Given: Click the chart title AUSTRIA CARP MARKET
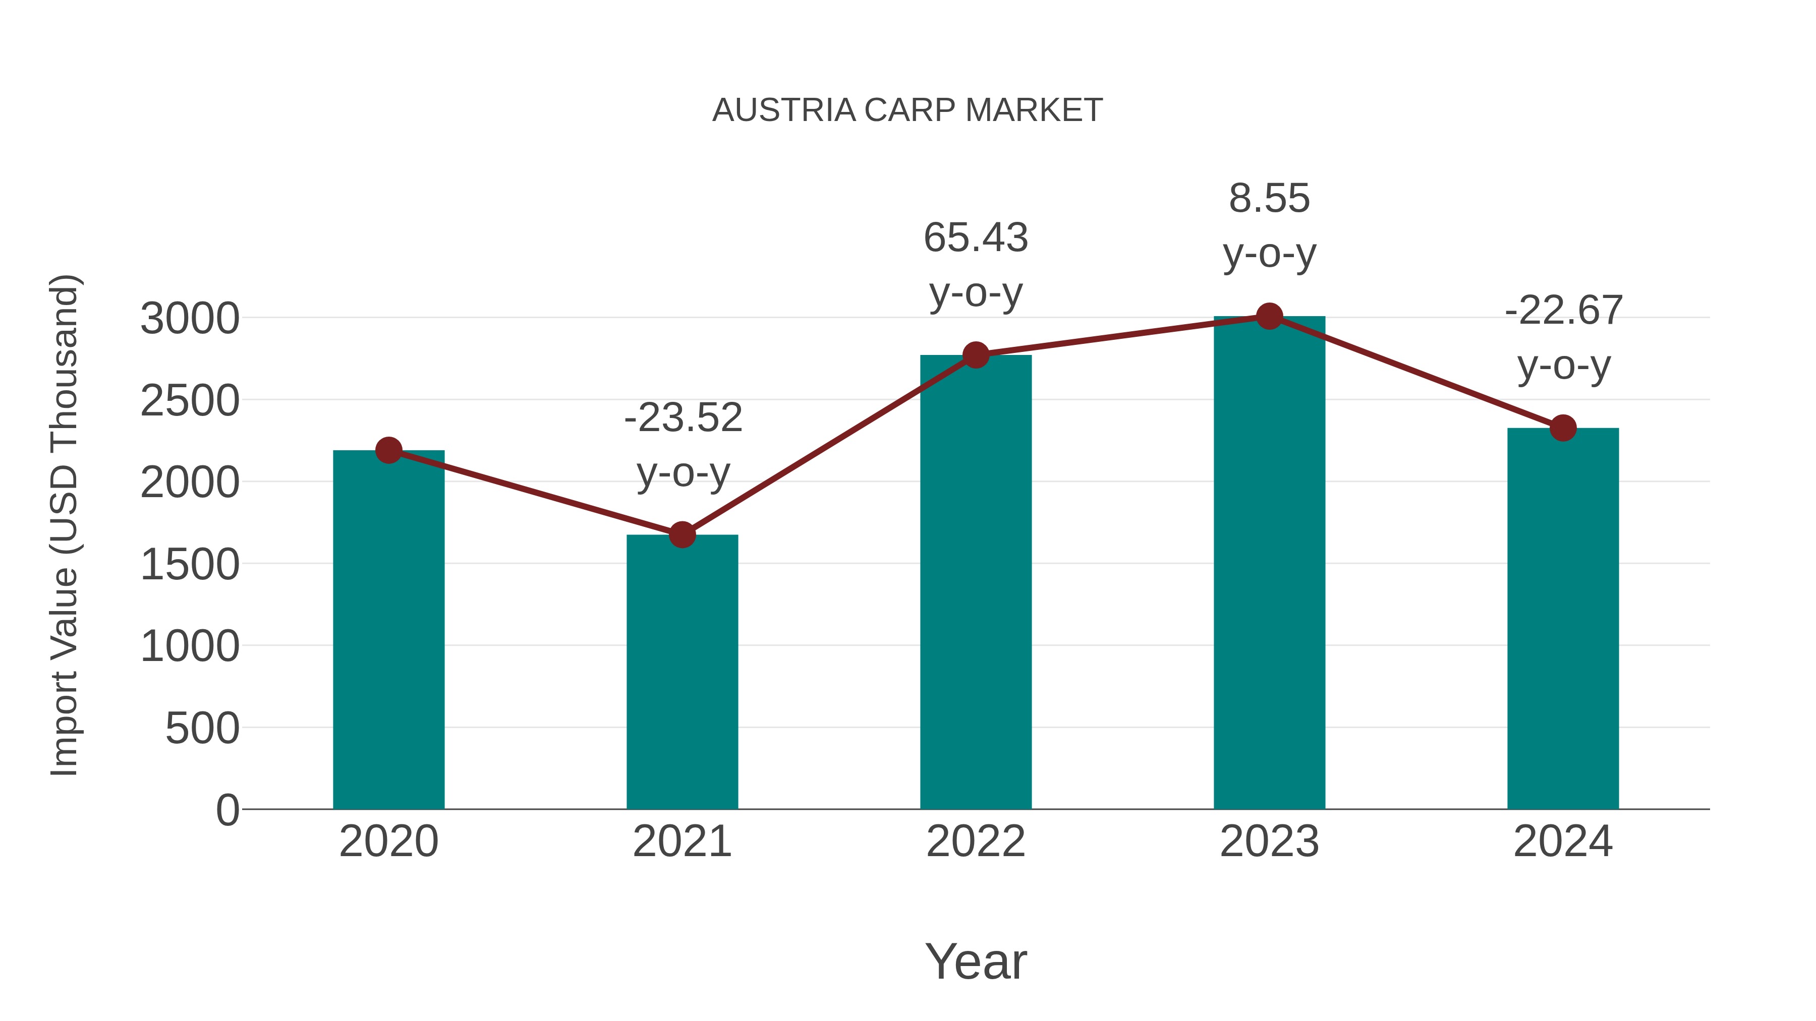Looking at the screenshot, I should coord(907,110).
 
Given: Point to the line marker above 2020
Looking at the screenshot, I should coord(388,450).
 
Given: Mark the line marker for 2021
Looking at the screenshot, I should coord(682,535).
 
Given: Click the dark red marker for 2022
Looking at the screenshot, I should coord(976,355).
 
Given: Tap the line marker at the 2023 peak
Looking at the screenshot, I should coord(1270,316).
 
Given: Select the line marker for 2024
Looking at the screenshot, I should coord(1563,428).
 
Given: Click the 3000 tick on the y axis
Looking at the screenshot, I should coord(190,319).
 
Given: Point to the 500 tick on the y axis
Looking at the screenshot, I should coord(202,728).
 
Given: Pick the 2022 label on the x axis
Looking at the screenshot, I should coord(976,842).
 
